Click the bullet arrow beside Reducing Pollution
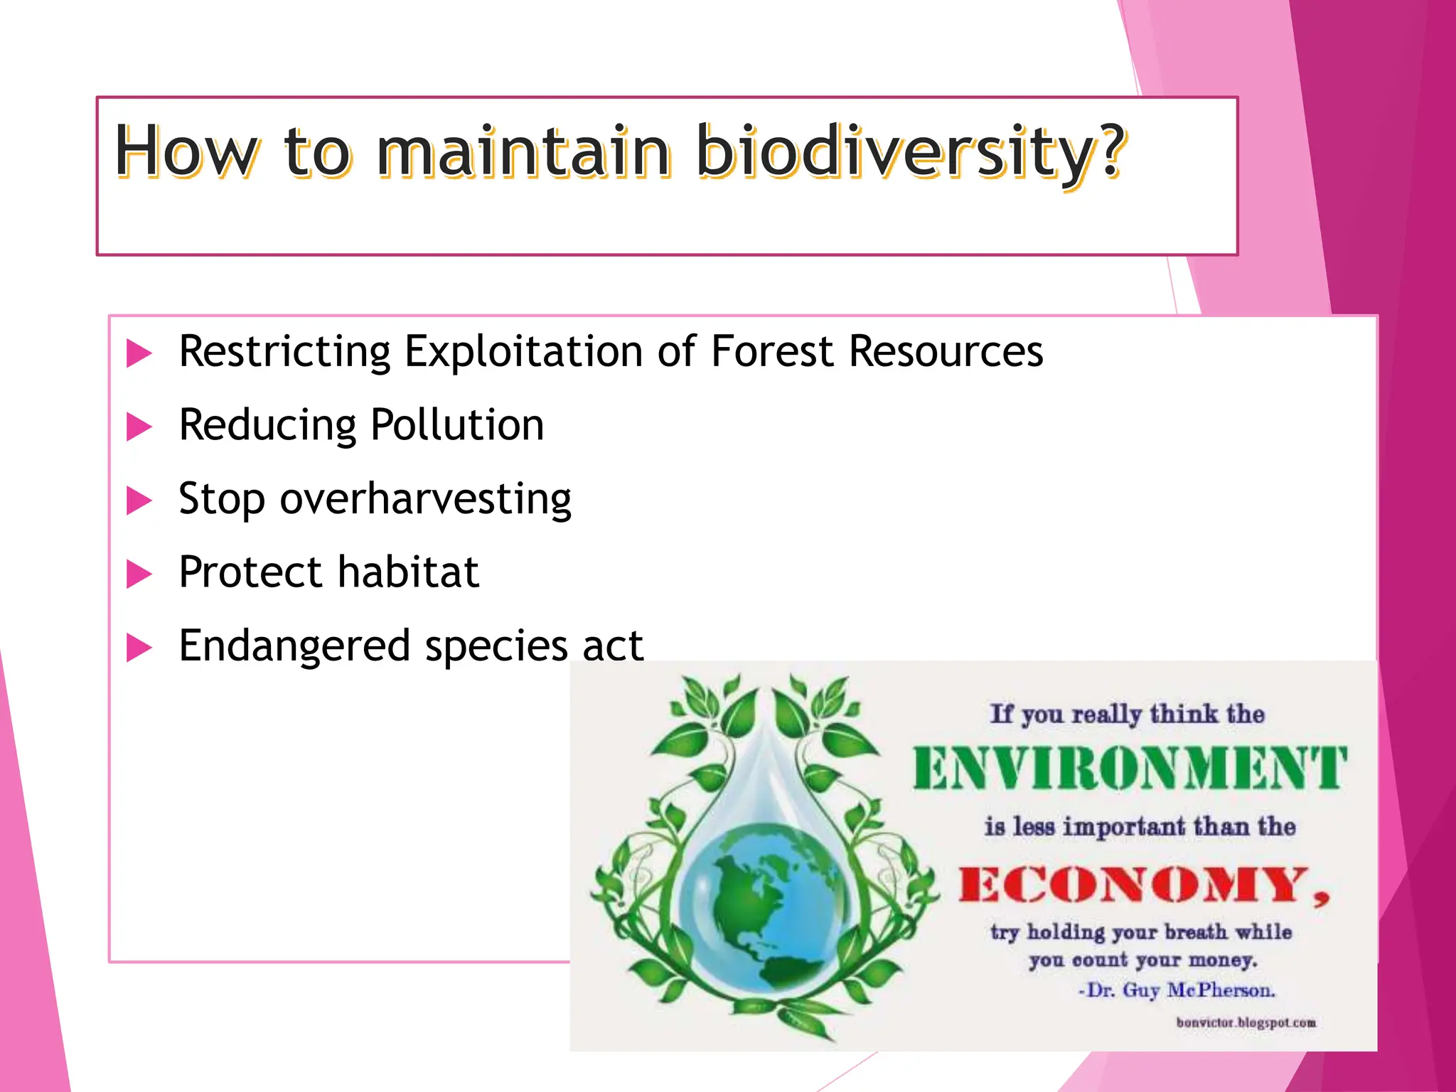coord(139,427)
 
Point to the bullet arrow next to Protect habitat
coord(139,574)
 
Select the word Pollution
coord(457,425)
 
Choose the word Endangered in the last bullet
coord(294,646)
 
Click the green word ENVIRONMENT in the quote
coord(1129,769)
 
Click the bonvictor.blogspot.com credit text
coord(1246,1023)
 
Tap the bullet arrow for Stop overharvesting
coord(139,500)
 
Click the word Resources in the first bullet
coord(946,352)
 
